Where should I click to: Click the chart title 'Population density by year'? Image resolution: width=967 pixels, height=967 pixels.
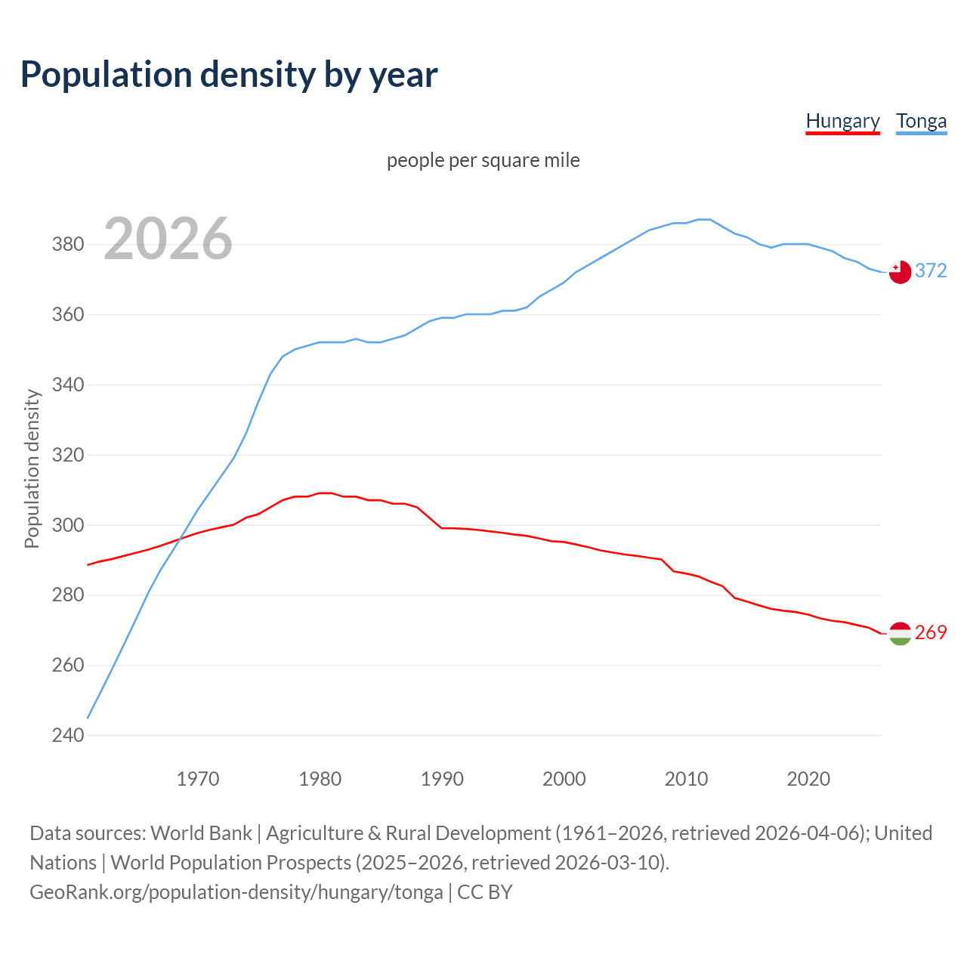[x=229, y=74]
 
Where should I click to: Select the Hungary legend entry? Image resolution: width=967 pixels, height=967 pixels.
[x=842, y=121]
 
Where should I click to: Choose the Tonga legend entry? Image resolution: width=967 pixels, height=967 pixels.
[x=921, y=121]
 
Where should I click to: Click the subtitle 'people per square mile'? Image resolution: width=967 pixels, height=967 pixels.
[x=483, y=160]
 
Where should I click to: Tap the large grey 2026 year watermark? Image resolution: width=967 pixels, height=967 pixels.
[x=168, y=239]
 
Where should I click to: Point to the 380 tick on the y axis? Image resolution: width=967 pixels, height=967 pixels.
[x=67, y=245]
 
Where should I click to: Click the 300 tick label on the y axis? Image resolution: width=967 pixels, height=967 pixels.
[x=67, y=525]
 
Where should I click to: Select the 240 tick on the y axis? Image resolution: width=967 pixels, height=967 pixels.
[x=67, y=735]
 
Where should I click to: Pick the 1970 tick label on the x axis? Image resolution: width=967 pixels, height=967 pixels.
[x=198, y=779]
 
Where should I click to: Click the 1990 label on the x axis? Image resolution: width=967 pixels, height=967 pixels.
[x=442, y=779]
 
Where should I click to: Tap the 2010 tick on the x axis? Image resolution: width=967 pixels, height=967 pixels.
[x=686, y=779]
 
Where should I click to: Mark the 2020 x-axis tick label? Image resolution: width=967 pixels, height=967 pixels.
[x=808, y=779]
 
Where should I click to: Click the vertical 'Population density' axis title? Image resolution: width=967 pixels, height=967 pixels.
[x=32, y=468]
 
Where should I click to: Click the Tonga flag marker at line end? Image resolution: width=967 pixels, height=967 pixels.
[x=900, y=272]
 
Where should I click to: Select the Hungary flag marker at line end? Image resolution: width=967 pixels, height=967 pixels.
[x=900, y=633]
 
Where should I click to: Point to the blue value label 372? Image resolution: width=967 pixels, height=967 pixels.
[x=931, y=270]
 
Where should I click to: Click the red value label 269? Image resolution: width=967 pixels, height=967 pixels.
[x=931, y=632]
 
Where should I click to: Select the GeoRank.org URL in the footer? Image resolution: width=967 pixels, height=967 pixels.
[x=236, y=892]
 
